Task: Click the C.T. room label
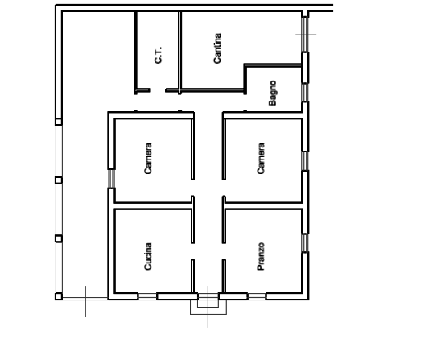[159, 56]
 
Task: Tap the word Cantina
[217, 48]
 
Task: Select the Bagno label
[272, 93]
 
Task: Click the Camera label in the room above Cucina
[148, 159]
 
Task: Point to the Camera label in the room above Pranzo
[261, 159]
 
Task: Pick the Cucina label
[148, 256]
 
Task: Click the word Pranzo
[261, 256]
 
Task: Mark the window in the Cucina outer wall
[147, 296]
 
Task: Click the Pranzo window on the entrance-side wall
[257, 296]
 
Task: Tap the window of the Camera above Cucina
[111, 179]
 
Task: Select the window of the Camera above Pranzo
[305, 161]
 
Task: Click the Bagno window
[305, 93]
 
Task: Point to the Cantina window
[305, 35]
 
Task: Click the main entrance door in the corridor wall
[208, 296]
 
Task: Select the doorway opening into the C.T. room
[158, 90]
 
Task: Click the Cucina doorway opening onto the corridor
[192, 251]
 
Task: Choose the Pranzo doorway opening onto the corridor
[224, 251]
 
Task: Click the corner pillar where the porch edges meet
[59, 296]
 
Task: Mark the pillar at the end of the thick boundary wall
[59, 122]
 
